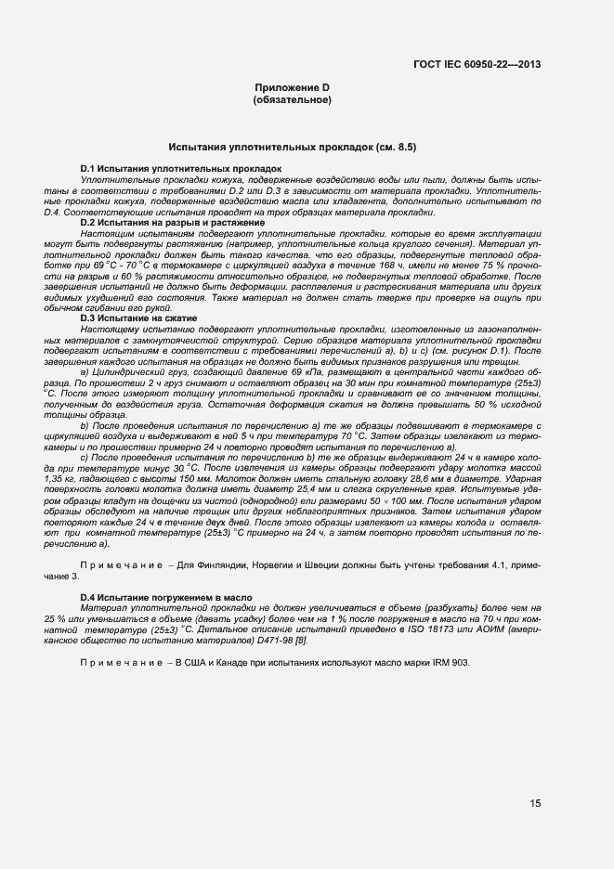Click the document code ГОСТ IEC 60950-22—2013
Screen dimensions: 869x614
pos(477,65)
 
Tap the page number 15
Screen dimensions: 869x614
pos(536,803)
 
